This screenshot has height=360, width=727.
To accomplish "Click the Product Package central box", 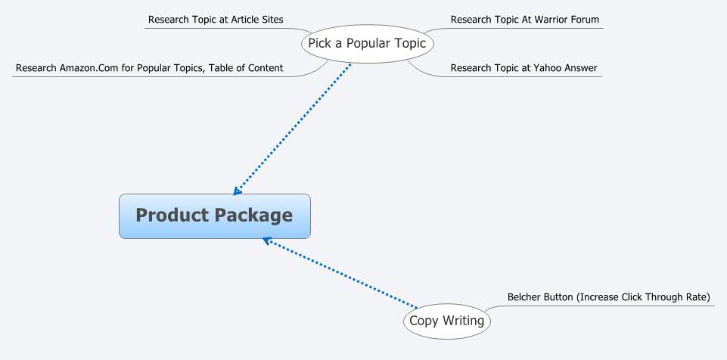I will coord(214,216).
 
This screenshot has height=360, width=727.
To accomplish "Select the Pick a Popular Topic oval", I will coord(367,43).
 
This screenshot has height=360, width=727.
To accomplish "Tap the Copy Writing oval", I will coord(446,321).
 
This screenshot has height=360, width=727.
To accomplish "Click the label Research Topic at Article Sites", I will coord(216,20).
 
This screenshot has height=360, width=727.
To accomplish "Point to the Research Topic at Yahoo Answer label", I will coord(524,68).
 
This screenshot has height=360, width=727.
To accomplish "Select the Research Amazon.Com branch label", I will coord(149,68).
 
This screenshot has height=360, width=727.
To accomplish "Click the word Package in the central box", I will coord(253,216).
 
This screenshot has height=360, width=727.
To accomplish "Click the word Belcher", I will coord(525,297).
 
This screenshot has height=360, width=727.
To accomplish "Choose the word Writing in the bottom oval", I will coord(464,321).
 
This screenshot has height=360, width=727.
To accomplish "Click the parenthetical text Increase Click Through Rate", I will coord(643,297).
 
